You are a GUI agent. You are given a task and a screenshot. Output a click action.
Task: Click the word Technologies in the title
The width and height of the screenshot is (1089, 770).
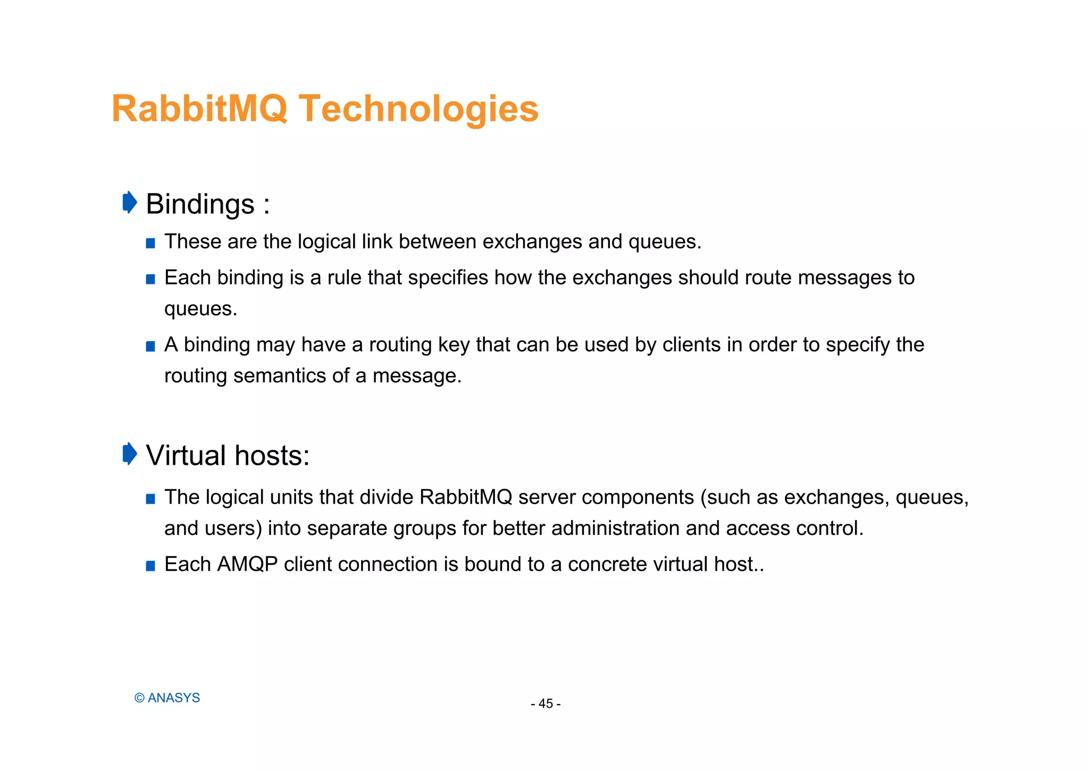pyautogui.click(x=418, y=109)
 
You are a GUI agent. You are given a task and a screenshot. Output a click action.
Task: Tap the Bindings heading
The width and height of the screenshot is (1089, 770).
pyautogui.click(x=200, y=204)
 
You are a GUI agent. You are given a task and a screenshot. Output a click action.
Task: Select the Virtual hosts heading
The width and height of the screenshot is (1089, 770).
pyautogui.click(x=228, y=456)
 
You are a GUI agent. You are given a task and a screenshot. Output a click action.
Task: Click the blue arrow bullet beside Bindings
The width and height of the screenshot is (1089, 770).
pyautogui.click(x=130, y=203)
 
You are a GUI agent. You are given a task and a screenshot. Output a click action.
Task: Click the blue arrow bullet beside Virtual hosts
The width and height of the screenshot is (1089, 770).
pyautogui.click(x=130, y=454)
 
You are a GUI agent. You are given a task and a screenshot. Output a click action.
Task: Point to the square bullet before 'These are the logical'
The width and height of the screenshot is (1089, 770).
pyautogui.click(x=150, y=244)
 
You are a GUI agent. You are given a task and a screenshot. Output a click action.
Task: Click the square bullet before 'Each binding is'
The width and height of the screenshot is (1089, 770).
pyautogui.click(x=150, y=279)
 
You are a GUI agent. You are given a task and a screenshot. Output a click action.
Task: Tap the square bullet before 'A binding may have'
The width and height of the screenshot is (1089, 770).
pyautogui.click(x=150, y=347)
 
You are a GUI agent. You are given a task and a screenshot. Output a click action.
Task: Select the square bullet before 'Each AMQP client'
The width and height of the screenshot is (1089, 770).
pyautogui.click(x=150, y=566)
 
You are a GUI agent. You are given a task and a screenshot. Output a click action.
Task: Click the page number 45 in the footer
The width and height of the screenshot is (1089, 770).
pyautogui.click(x=546, y=704)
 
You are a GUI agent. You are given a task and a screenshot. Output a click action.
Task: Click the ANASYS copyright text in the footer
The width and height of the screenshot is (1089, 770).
pyautogui.click(x=167, y=698)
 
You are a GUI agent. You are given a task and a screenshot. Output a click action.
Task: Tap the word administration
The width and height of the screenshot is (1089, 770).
pyautogui.click(x=615, y=528)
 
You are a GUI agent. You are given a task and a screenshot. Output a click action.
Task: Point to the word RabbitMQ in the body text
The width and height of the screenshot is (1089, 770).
pyautogui.click(x=466, y=497)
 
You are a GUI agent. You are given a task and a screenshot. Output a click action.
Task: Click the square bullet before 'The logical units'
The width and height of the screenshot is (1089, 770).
pyautogui.click(x=150, y=499)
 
